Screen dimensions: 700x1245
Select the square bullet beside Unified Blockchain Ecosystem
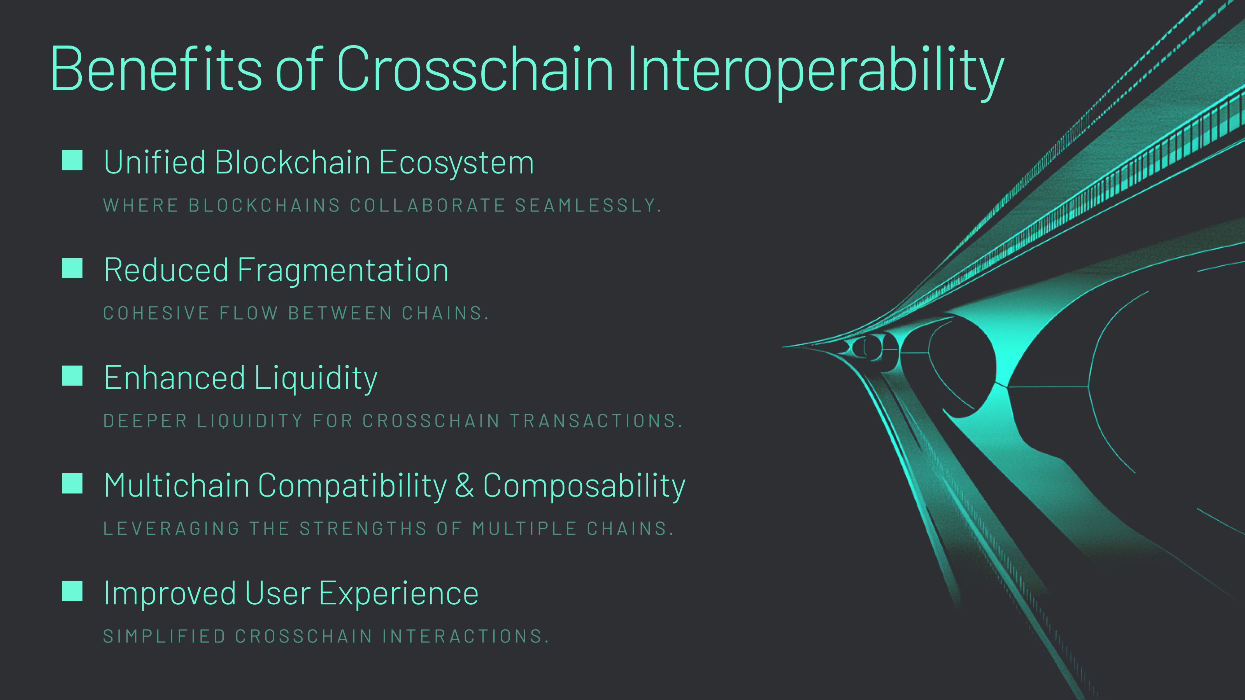[x=72, y=160]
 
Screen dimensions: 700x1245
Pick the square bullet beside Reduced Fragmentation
[x=72, y=268]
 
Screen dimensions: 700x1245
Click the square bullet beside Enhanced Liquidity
[x=72, y=376]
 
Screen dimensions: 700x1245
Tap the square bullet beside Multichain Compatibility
[x=72, y=483]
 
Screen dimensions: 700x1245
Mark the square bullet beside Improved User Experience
[x=72, y=591]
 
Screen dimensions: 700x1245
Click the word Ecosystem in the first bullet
[x=456, y=163]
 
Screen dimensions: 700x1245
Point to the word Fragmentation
[x=343, y=271]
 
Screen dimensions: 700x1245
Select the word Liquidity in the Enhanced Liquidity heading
[x=315, y=378]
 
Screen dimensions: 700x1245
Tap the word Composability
[x=584, y=486]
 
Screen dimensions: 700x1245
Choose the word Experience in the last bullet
[x=399, y=594]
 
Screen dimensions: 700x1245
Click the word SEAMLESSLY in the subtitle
[x=587, y=205]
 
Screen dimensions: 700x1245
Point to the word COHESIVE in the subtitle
[x=156, y=313]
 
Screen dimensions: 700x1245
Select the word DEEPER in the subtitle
[x=145, y=421]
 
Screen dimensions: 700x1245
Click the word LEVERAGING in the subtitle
[x=171, y=528]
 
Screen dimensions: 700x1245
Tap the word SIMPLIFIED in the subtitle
[x=164, y=636]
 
